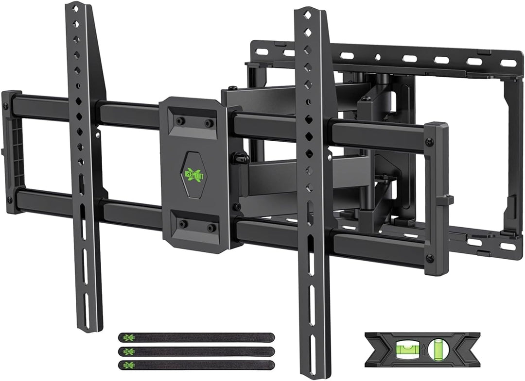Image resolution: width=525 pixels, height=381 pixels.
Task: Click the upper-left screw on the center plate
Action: click(x=179, y=121)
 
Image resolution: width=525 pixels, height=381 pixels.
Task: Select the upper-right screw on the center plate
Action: click(x=209, y=123)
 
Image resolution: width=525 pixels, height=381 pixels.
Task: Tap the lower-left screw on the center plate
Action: click(x=182, y=224)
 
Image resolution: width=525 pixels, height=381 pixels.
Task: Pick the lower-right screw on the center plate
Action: click(x=211, y=227)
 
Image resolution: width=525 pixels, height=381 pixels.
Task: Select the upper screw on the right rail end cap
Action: click(x=429, y=142)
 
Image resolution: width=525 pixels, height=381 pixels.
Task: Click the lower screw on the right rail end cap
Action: click(x=429, y=258)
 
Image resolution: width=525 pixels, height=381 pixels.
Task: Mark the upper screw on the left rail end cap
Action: click(x=6, y=105)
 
